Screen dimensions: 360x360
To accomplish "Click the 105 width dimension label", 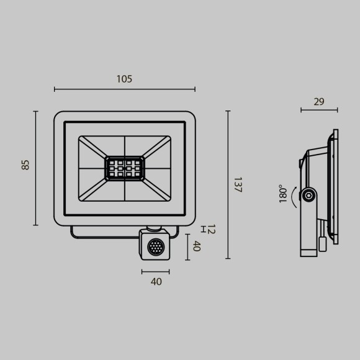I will click(x=124, y=79).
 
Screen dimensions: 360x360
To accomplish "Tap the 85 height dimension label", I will click(x=25, y=164).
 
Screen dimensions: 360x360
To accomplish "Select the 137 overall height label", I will click(x=236, y=184).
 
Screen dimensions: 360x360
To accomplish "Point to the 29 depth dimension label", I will click(x=318, y=102).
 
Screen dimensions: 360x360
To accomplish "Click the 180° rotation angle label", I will click(x=284, y=193).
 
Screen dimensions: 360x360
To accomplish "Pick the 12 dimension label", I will click(x=210, y=230).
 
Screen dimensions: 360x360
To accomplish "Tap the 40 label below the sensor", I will click(x=156, y=281).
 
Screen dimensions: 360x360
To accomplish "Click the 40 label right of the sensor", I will click(x=196, y=246).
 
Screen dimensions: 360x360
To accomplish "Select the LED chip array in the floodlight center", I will click(x=124, y=168).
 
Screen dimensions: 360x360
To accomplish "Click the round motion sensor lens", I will click(x=155, y=248).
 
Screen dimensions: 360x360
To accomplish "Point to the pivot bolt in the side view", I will click(x=307, y=196).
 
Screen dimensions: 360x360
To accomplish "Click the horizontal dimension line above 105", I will click(x=124, y=89).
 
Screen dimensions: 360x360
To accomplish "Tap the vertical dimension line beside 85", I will click(x=35, y=168).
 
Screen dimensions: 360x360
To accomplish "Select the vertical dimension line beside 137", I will click(x=228, y=184).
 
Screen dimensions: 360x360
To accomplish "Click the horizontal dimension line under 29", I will click(x=319, y=110).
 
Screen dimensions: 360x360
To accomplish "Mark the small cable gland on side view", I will click(x=322, y=243).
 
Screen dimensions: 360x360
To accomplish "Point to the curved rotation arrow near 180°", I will click(x=294, y=196).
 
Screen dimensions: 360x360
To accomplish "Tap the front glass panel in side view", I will click(x=336, y=186).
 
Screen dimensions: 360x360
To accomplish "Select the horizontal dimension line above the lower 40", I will click(x=155, y=271).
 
